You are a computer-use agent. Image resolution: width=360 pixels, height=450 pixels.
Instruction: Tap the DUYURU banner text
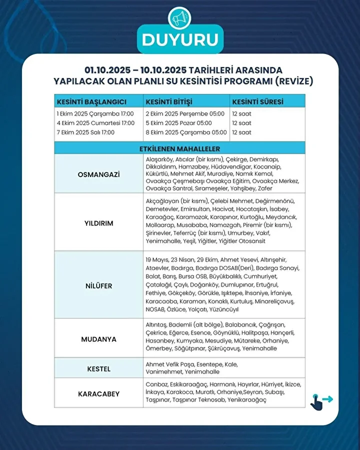point(179,40)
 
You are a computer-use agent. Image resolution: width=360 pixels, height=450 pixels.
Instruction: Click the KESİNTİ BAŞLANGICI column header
point(91,101)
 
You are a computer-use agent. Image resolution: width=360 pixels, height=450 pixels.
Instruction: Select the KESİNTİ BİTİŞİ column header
point(169,101)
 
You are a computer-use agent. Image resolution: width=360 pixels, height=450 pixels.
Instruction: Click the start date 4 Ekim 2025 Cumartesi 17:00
point(95,123)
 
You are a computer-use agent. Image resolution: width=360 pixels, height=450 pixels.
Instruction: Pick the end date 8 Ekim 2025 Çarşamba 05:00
point(186,132)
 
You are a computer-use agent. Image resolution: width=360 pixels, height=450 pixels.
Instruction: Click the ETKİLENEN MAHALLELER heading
point(179,148)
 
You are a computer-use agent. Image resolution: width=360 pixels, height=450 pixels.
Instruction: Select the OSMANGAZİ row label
point(98,174)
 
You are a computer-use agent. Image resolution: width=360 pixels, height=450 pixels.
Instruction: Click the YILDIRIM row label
point(98,223)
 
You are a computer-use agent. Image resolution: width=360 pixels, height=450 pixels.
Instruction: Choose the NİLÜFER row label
point(98,286)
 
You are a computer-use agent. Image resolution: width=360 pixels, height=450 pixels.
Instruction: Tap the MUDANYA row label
point(98,339)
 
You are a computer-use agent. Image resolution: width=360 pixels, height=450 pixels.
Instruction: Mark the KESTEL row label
point(98,369)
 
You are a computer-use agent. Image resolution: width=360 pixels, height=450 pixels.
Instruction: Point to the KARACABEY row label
point(98,394)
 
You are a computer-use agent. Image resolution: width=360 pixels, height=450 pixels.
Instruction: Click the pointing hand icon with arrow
point(320,400)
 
